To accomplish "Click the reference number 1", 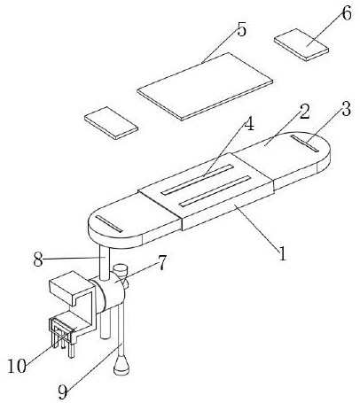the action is (283, 253).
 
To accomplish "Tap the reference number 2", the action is (304, 112).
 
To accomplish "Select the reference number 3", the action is (346, 109).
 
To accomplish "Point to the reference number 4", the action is (249, 125).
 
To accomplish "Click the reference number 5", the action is (241, 29).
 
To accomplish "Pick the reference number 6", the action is (347, 13).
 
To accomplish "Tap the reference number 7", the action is (161, 263).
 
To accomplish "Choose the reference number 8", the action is (38, 260).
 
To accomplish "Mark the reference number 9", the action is (63, 392).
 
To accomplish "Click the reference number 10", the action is (17, 367).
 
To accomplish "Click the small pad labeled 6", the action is (301, 44).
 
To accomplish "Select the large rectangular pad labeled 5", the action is (205, 86).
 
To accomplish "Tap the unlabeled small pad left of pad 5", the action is (111, 123).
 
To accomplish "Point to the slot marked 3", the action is (304, 143).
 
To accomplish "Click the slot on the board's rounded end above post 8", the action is (109, 224).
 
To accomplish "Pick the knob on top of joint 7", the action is (119, 270).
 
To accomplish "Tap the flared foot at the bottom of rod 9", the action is (121, 366).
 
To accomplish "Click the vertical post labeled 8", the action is (105, 264).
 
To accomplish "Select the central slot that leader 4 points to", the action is (197, 180).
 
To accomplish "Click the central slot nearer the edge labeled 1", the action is (215, 191).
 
